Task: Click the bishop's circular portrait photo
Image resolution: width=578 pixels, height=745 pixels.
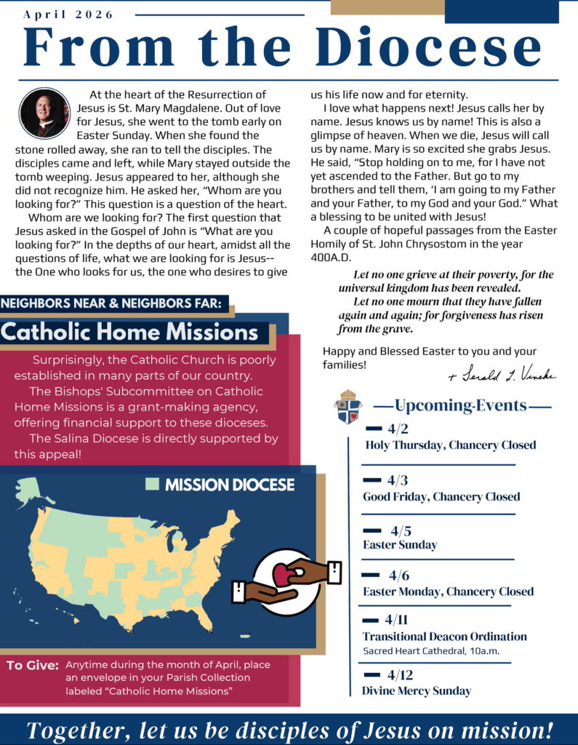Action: [44, 113]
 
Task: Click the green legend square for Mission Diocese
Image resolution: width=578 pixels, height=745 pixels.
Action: [152, 485]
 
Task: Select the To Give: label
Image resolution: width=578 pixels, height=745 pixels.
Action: [32, 665]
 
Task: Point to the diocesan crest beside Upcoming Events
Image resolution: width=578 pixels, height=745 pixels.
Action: [348, 407]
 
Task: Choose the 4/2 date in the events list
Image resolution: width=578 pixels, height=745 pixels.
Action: [397, 428]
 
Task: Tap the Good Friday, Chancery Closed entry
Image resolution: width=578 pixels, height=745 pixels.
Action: [441, 496]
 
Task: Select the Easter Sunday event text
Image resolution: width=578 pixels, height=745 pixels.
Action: [400, 544]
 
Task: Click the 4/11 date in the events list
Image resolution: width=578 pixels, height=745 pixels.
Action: [396, 619]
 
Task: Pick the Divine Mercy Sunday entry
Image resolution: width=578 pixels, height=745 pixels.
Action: [416, 690]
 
